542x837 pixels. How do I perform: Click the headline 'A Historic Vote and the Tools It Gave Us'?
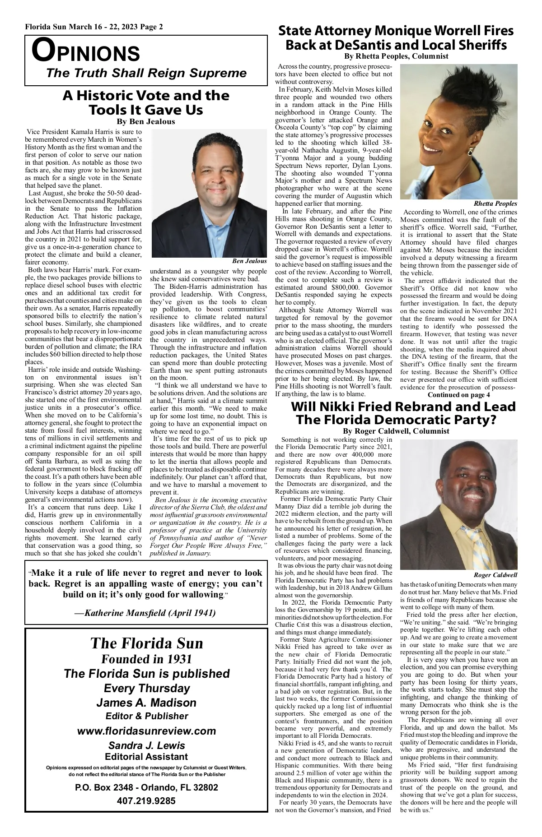[x=145, y=103]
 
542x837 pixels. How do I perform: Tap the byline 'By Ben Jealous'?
[x=145, y=122]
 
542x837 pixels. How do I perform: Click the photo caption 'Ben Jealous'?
[x=249, y=261]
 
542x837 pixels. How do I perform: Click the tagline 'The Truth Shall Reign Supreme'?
[x=147, y=73]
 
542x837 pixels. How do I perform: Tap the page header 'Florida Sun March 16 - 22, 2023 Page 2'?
[x=94, y=27]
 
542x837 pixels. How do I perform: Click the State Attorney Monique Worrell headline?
[x=396, y=38]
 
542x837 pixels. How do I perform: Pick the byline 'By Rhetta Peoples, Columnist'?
[x=396, y=56]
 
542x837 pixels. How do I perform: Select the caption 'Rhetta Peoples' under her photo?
[x=495, y=204]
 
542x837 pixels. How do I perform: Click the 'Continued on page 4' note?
[x=458, y=395]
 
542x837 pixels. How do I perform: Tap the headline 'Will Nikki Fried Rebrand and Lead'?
[x=403, y=407]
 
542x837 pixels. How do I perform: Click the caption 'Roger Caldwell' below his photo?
[x=495, y=575]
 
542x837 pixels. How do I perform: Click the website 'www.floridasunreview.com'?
[x=147, y=731]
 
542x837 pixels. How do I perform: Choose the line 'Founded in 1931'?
[x=146, y=659]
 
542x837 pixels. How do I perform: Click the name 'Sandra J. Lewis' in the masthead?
[x=146, y=745]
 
